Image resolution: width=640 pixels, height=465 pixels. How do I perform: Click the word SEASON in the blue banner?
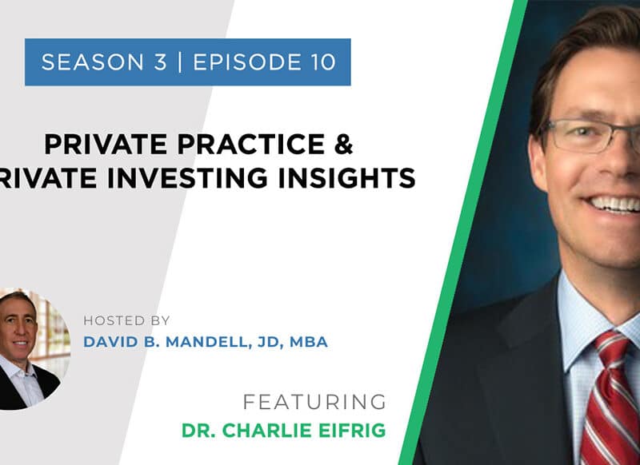tap(93, 62)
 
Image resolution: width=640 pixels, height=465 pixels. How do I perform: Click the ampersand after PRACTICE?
tap(343, 144)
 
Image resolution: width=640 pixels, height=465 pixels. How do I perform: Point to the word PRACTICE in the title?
tap(250, 145)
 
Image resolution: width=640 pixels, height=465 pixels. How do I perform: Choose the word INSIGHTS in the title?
tap(347, 178)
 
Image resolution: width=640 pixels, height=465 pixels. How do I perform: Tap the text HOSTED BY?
tap(126, 320)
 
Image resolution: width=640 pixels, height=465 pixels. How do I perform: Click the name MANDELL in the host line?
tap(208, 342)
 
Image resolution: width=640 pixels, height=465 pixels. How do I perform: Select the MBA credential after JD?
tap(309, 342)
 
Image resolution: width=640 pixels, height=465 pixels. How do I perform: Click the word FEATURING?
tap(314, 402)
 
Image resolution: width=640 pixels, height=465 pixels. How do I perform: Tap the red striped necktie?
tap(608, 399)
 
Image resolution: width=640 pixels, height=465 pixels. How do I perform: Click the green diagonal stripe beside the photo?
tap(463, 232)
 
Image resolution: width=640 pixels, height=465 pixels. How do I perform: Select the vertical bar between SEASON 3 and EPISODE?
tap(179, 62)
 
